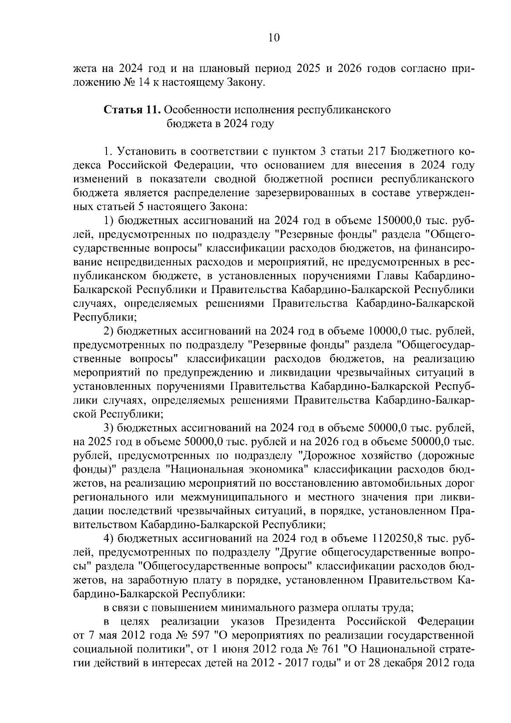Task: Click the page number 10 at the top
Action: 274,38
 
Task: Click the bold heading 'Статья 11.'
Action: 132,110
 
